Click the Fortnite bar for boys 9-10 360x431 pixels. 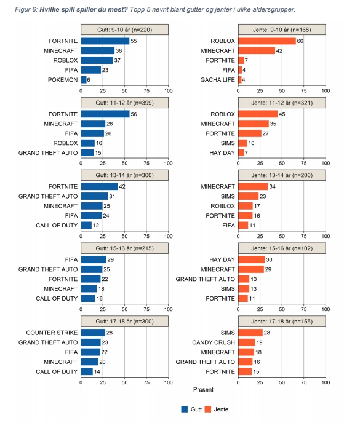click(105, 41)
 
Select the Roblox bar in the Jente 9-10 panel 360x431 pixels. click(267, 41)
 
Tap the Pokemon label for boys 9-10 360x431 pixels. click(63, 80)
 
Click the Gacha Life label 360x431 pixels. click(218, 80)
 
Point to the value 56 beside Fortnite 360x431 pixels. click(134, 114)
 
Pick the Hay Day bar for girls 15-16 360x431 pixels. click(252, 259)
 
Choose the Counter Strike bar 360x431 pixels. click(94, 333)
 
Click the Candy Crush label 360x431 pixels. click(214, 342)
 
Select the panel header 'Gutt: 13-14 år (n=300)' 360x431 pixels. click(124, 175)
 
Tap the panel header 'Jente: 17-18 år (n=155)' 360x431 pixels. click(282, 322)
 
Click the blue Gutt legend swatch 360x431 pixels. click(184, 409)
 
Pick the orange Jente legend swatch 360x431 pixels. click(208, 409)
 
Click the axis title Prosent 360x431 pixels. click(203, 390)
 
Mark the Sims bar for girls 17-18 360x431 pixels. click(250, 333)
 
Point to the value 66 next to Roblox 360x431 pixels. click(300, 41)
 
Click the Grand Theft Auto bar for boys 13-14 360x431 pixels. click(95, 196)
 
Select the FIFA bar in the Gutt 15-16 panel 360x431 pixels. click(94, 259)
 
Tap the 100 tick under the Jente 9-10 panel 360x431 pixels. click(326, 91)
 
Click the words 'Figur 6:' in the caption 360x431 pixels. click(26, 10)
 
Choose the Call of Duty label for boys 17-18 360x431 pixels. click(57, 371)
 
